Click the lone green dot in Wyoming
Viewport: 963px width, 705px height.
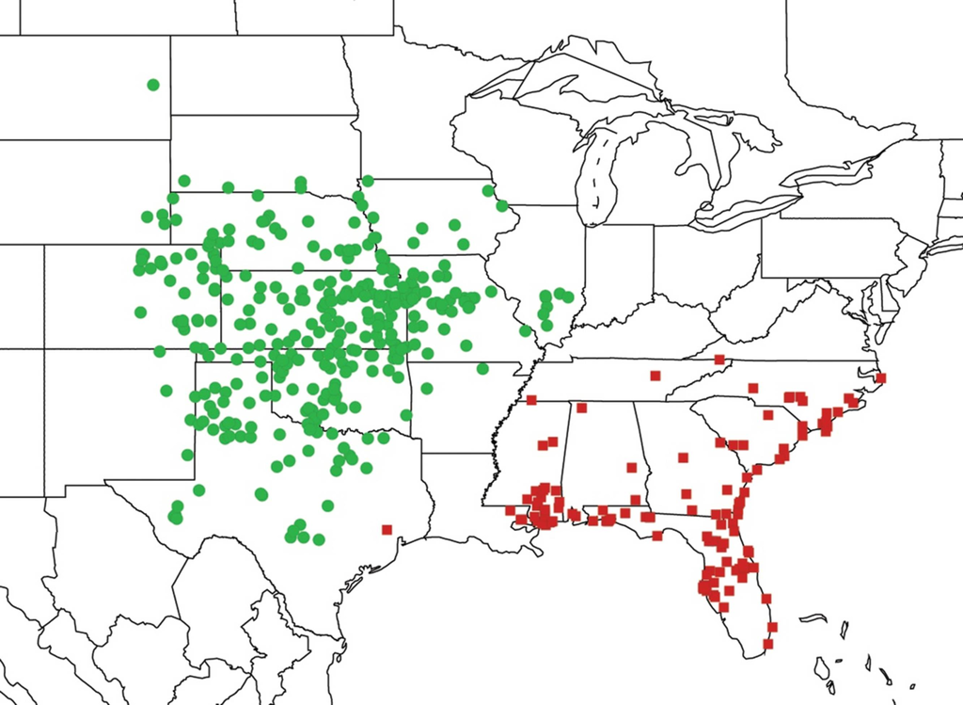153,85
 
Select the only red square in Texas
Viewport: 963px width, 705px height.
387,529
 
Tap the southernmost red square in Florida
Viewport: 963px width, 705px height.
768,645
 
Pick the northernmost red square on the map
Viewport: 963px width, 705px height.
719,360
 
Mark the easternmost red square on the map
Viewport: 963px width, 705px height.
881,378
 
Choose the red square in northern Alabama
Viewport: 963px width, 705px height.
582,408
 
